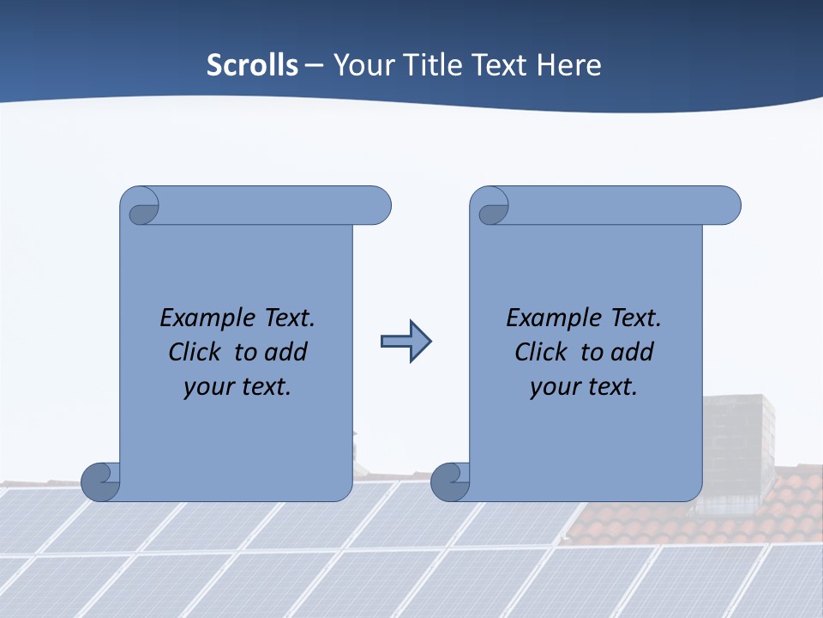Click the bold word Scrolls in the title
point(253,65)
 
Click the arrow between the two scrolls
point(405,342)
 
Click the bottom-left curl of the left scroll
point(101,482)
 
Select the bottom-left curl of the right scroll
point(450,482)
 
